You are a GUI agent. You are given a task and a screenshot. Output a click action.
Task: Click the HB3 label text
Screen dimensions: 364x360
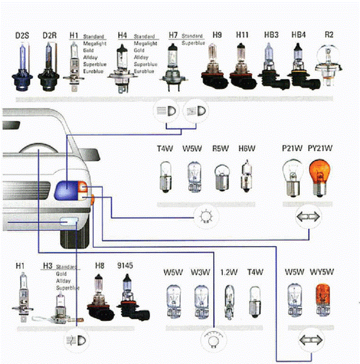(x=271, y=35)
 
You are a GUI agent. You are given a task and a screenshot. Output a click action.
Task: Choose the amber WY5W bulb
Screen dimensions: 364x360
(x=323, y=299)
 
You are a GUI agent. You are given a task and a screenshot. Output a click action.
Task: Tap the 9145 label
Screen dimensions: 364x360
(x=125, y=266)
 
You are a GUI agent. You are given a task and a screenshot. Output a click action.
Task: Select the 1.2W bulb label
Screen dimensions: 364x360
(x=229, y=272)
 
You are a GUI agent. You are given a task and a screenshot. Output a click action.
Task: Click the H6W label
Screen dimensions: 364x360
(x=247, y=149)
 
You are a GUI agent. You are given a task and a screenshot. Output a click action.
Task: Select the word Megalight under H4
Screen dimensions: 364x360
(x=145, y=44)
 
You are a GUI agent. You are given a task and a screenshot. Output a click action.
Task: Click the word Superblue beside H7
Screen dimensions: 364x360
(x=193, y=43)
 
